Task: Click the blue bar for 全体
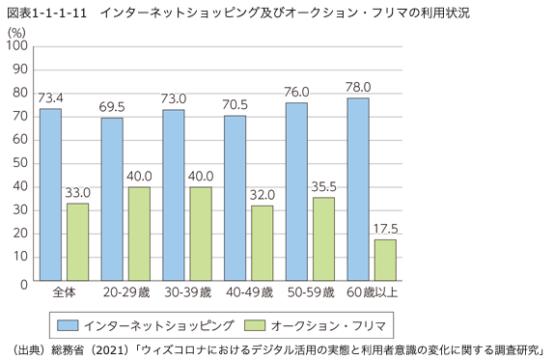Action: (50, 196)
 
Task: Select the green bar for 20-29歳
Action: (138, 235)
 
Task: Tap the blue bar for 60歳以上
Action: (357, 191)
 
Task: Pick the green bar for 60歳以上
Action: (384, 262)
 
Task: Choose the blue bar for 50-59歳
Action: (296, 193)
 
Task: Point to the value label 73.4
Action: (50, 98)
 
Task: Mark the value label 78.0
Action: (358, 88)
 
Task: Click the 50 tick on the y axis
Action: (19, 177)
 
